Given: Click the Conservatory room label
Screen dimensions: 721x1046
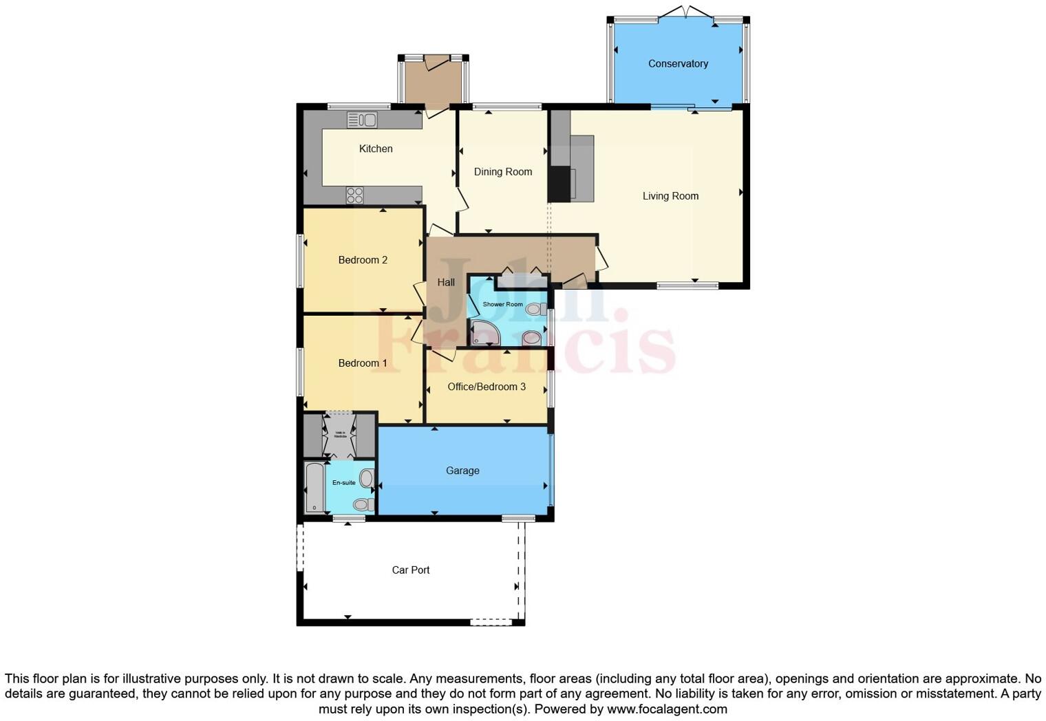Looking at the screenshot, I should click(678, 63).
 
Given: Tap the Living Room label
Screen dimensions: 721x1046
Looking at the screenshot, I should click(670, 196).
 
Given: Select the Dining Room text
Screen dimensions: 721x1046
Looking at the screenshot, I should click(502, 172).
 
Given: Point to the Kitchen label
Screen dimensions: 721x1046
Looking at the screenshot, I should click(376, 149).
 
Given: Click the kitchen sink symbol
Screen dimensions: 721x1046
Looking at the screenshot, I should click(362, 120).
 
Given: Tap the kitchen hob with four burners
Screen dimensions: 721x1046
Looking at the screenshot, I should click(354, 195).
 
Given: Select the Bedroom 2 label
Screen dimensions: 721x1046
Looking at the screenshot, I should click(363, 260).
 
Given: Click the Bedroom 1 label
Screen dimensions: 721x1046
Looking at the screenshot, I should click(363, 363).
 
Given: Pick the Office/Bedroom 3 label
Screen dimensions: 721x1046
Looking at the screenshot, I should click(487, 387).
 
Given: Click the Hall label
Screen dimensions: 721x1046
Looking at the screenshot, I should click(446, 282).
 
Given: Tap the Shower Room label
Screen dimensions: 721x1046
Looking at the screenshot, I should click(502, 304).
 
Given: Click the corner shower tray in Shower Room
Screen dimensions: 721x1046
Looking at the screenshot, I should click(483, 333).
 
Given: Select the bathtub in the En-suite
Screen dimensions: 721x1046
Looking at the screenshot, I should click(314, 487).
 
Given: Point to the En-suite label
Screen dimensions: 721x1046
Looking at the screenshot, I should click(344, 483).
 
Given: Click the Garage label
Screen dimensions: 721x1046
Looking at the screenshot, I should click(462, 471).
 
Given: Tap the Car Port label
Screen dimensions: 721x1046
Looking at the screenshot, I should click(411, 570).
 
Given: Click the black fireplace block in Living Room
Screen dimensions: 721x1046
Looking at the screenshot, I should click(561, 183).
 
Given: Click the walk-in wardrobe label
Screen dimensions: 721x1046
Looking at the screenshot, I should click(340, 435).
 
